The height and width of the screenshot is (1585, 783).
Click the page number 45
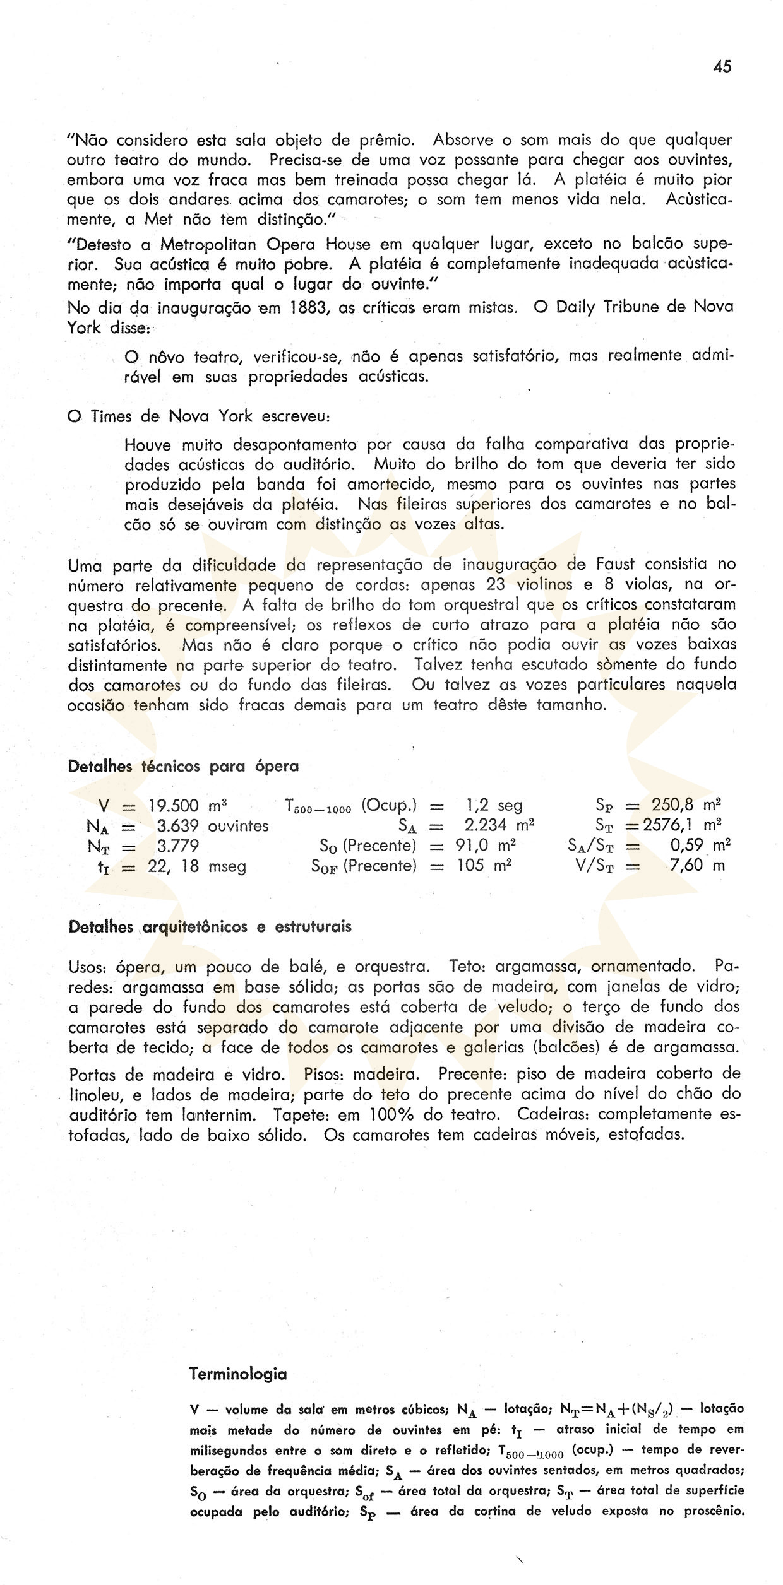coord(722,66)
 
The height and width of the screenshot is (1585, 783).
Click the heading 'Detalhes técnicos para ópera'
coord(183,767)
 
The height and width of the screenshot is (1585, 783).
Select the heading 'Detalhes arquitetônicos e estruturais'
coord(210,927)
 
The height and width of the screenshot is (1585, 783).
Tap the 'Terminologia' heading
coord(238,1374)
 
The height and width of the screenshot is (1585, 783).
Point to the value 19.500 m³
coord(188,806)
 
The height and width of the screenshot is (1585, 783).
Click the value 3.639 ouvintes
coord(212,826)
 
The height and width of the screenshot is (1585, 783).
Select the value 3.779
coord(178,846)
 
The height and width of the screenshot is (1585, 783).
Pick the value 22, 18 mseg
coord(197,866)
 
